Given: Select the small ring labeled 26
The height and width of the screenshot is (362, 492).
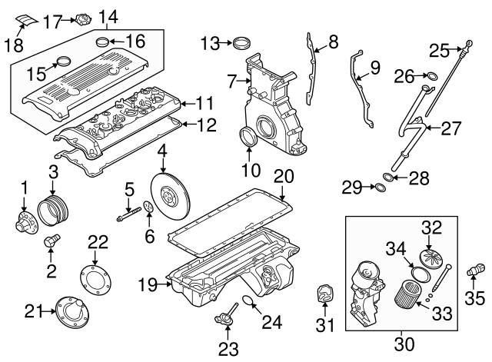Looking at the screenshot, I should coord(431,75).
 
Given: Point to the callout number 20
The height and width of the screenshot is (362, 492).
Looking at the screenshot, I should coord(284,175).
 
